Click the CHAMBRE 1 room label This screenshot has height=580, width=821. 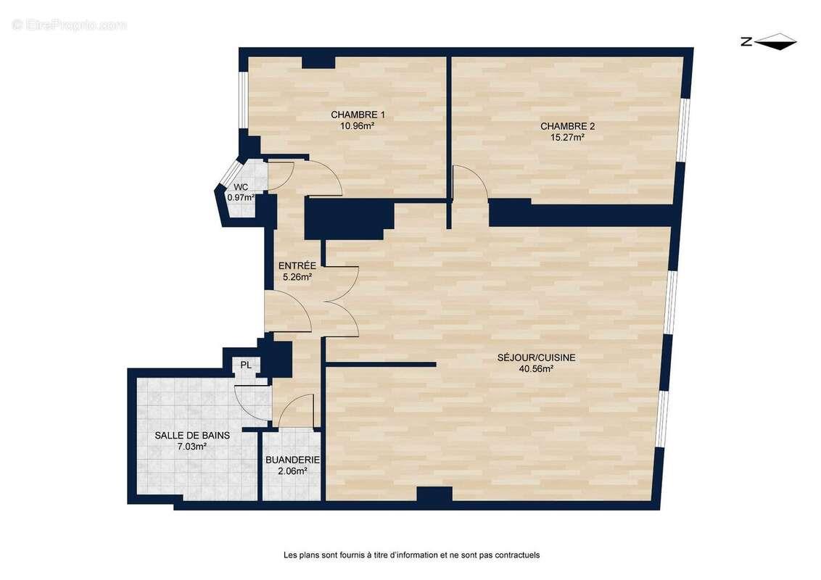point(358,115)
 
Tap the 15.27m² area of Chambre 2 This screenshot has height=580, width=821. point(567,137)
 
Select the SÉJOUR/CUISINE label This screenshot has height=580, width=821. point(537,357)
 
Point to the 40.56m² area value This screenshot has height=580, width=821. point(537,368)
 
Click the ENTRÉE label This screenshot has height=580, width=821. point(297,265)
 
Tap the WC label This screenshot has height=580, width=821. point(241,187)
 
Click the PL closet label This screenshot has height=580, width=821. point(246,365)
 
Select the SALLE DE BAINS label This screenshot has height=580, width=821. point(192,436)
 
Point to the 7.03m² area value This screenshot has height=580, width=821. point(192,447)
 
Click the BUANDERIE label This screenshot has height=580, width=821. point(292,460)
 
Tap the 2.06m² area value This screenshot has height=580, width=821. point(292,471)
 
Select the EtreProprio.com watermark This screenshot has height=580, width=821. point(70,25)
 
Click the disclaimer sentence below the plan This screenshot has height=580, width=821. point(411,555)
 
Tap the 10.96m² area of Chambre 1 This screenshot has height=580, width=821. point(357,125)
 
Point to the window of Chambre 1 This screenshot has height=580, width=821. point(244,99)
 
